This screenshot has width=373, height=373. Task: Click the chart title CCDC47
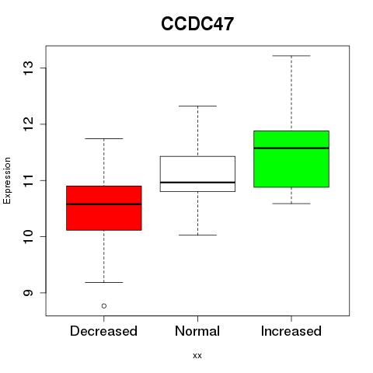[197, 24]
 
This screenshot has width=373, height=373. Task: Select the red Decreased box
[104, 208]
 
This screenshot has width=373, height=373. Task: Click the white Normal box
[197, 174]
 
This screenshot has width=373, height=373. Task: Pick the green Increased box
[291, 159]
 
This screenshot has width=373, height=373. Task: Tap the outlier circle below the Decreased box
[104, 306]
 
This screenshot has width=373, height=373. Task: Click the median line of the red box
[104, 204]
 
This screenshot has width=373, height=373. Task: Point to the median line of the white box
[197, 183]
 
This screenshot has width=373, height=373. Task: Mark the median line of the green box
[291, 148]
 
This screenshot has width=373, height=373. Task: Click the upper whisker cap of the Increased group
[291, 56]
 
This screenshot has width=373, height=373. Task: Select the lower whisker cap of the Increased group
[291, 204]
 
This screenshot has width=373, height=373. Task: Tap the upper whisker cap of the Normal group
[197, 106]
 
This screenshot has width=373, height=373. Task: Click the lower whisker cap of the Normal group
[197, 235]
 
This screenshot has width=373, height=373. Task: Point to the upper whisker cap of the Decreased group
[104, 138]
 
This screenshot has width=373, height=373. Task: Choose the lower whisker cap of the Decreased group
[104, 282]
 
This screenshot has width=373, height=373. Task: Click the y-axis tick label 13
[29, 68]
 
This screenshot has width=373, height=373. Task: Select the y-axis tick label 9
[29, 293]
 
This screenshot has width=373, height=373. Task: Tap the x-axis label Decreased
[103, 331]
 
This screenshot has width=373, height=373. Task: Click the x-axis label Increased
[291, 331]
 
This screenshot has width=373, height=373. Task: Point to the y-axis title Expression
[7, 180]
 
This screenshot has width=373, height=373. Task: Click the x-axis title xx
[197, 356]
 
